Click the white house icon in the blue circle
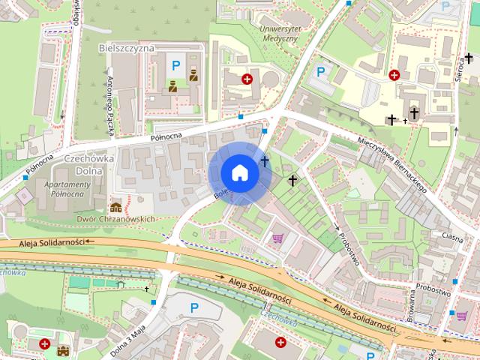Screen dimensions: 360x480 (x=240, y=172)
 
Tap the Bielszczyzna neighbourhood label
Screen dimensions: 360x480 (x=126, y=47)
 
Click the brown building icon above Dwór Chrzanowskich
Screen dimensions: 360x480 (x=116, y=206)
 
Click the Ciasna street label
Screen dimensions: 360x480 (x=452, y=235)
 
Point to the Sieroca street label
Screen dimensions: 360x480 (x=460, y=73)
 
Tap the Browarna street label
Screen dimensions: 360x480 (x=412, y=307)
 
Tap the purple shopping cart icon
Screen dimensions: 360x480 (x=277, y=238)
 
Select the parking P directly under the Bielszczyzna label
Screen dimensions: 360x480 (x=175, y=66)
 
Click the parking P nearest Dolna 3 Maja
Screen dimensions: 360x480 (x=194, y=307)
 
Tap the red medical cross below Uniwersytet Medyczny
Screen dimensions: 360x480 (x=247, y=78)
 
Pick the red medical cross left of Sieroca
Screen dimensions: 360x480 (x=394, y=74)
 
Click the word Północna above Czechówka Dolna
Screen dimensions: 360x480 (x=166, y=136)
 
